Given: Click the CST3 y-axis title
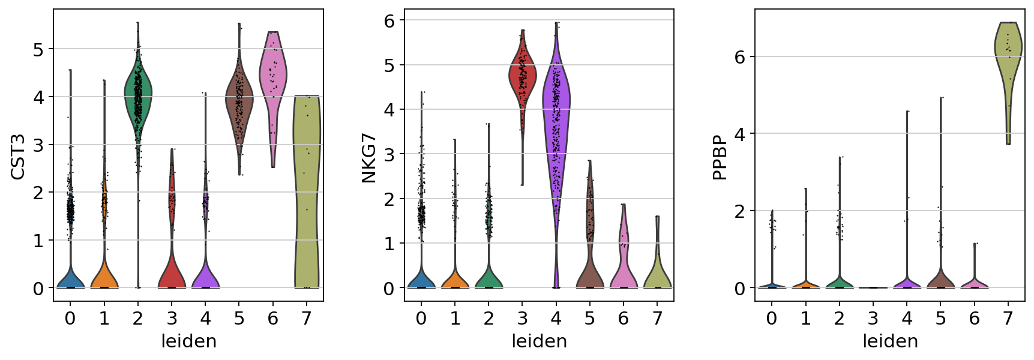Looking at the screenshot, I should coord(18,157).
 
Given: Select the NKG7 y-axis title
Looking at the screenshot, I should coord(368,157).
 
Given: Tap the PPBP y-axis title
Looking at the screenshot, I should coord(720,157).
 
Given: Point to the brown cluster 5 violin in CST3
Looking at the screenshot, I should coord(239,102).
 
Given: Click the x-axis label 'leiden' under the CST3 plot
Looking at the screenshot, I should coord(188,341).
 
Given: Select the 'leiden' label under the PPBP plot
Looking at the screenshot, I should coord(890,341).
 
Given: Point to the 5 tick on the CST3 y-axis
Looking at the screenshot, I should coord(38,49).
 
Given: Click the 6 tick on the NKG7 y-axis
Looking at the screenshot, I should coord(389,20).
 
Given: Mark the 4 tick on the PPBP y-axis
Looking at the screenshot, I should coord(740,134).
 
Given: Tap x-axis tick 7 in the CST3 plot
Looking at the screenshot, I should coord(307,318).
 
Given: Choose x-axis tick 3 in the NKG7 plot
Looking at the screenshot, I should coord(522,318).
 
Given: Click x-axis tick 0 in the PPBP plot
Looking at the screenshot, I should coord(772,318).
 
